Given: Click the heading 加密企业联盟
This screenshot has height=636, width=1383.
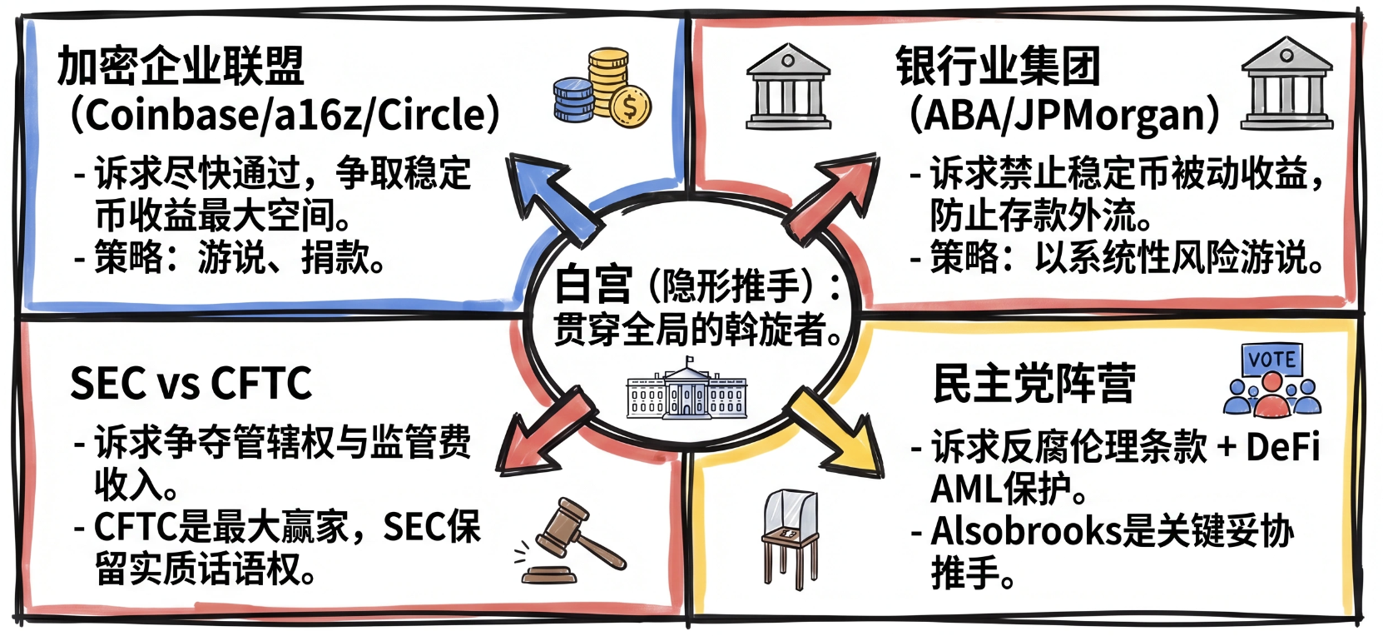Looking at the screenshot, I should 181,66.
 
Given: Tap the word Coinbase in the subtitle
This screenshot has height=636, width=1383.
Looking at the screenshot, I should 166,115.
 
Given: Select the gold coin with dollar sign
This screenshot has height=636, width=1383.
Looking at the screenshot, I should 630,107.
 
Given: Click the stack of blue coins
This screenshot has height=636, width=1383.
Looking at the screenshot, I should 573,100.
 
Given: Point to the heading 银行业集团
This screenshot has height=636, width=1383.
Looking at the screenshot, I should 997,66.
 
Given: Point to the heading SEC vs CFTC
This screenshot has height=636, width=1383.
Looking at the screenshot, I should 191,383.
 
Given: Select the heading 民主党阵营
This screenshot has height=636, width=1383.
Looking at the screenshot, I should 1034,384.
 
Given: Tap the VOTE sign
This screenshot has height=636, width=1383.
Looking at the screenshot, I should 1271,360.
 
